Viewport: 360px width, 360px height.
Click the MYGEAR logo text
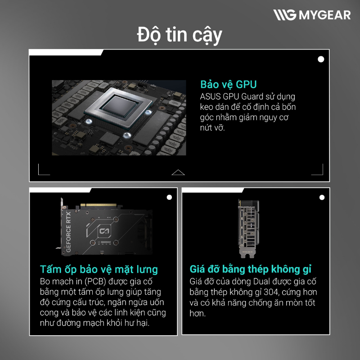point(324,15)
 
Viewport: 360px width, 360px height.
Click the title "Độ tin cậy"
point(180,35)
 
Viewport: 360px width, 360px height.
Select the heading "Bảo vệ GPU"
point(228,85)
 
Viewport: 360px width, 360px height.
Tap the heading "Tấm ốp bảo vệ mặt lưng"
point(99,269)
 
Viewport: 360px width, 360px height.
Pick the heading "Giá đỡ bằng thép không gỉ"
point(251,269)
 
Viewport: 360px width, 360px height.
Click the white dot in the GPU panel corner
point(321,59)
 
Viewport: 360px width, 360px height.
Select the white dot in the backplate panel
point(169,197)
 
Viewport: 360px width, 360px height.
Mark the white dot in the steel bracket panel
point(322,198)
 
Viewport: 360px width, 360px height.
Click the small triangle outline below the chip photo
point(178,172)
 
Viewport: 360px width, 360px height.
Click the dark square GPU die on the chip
point(119,106)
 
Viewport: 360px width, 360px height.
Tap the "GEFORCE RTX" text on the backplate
point(68,231)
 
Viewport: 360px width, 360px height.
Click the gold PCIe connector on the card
point(99,205)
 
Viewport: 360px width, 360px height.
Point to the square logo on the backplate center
point(104,231)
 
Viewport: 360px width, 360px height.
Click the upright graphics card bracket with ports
point(248,229)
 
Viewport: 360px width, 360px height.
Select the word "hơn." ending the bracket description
point(198,313)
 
